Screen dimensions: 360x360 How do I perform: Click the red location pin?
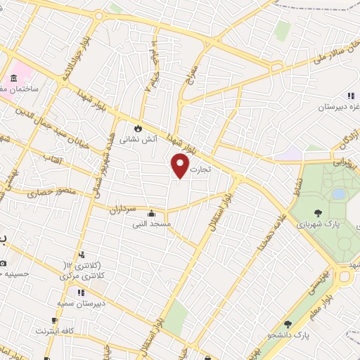pos(181,166)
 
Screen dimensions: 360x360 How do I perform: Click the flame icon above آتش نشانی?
pos(138,129)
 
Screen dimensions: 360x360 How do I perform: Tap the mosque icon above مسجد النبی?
pos(150,214)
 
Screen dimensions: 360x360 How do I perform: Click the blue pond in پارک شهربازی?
pos(339,193)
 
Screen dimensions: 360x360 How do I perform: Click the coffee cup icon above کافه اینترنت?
pos(36,329)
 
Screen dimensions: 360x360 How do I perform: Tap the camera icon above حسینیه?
pos(3,264)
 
